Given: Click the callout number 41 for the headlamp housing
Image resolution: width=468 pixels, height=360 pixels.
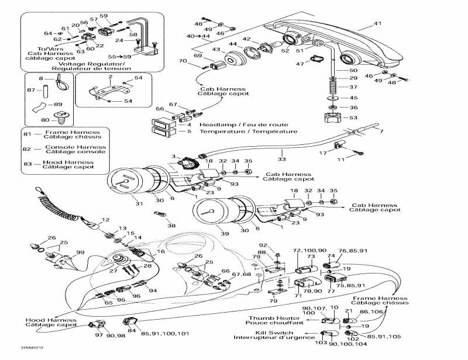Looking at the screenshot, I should [377, 24].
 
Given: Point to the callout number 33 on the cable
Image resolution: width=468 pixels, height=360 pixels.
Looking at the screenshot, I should [282, 158].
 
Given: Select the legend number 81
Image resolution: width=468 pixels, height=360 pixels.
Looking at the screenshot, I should [27, 133].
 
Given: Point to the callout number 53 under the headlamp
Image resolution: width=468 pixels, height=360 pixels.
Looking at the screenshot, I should [353, 118].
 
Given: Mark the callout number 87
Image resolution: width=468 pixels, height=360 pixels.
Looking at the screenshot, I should [30, 91].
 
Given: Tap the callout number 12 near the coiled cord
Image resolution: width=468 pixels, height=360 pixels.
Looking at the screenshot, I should [106, 220].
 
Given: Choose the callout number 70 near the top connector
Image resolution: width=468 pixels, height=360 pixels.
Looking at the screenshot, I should [183, 61].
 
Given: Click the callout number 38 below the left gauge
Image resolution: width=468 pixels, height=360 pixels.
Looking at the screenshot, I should [171, 225].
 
